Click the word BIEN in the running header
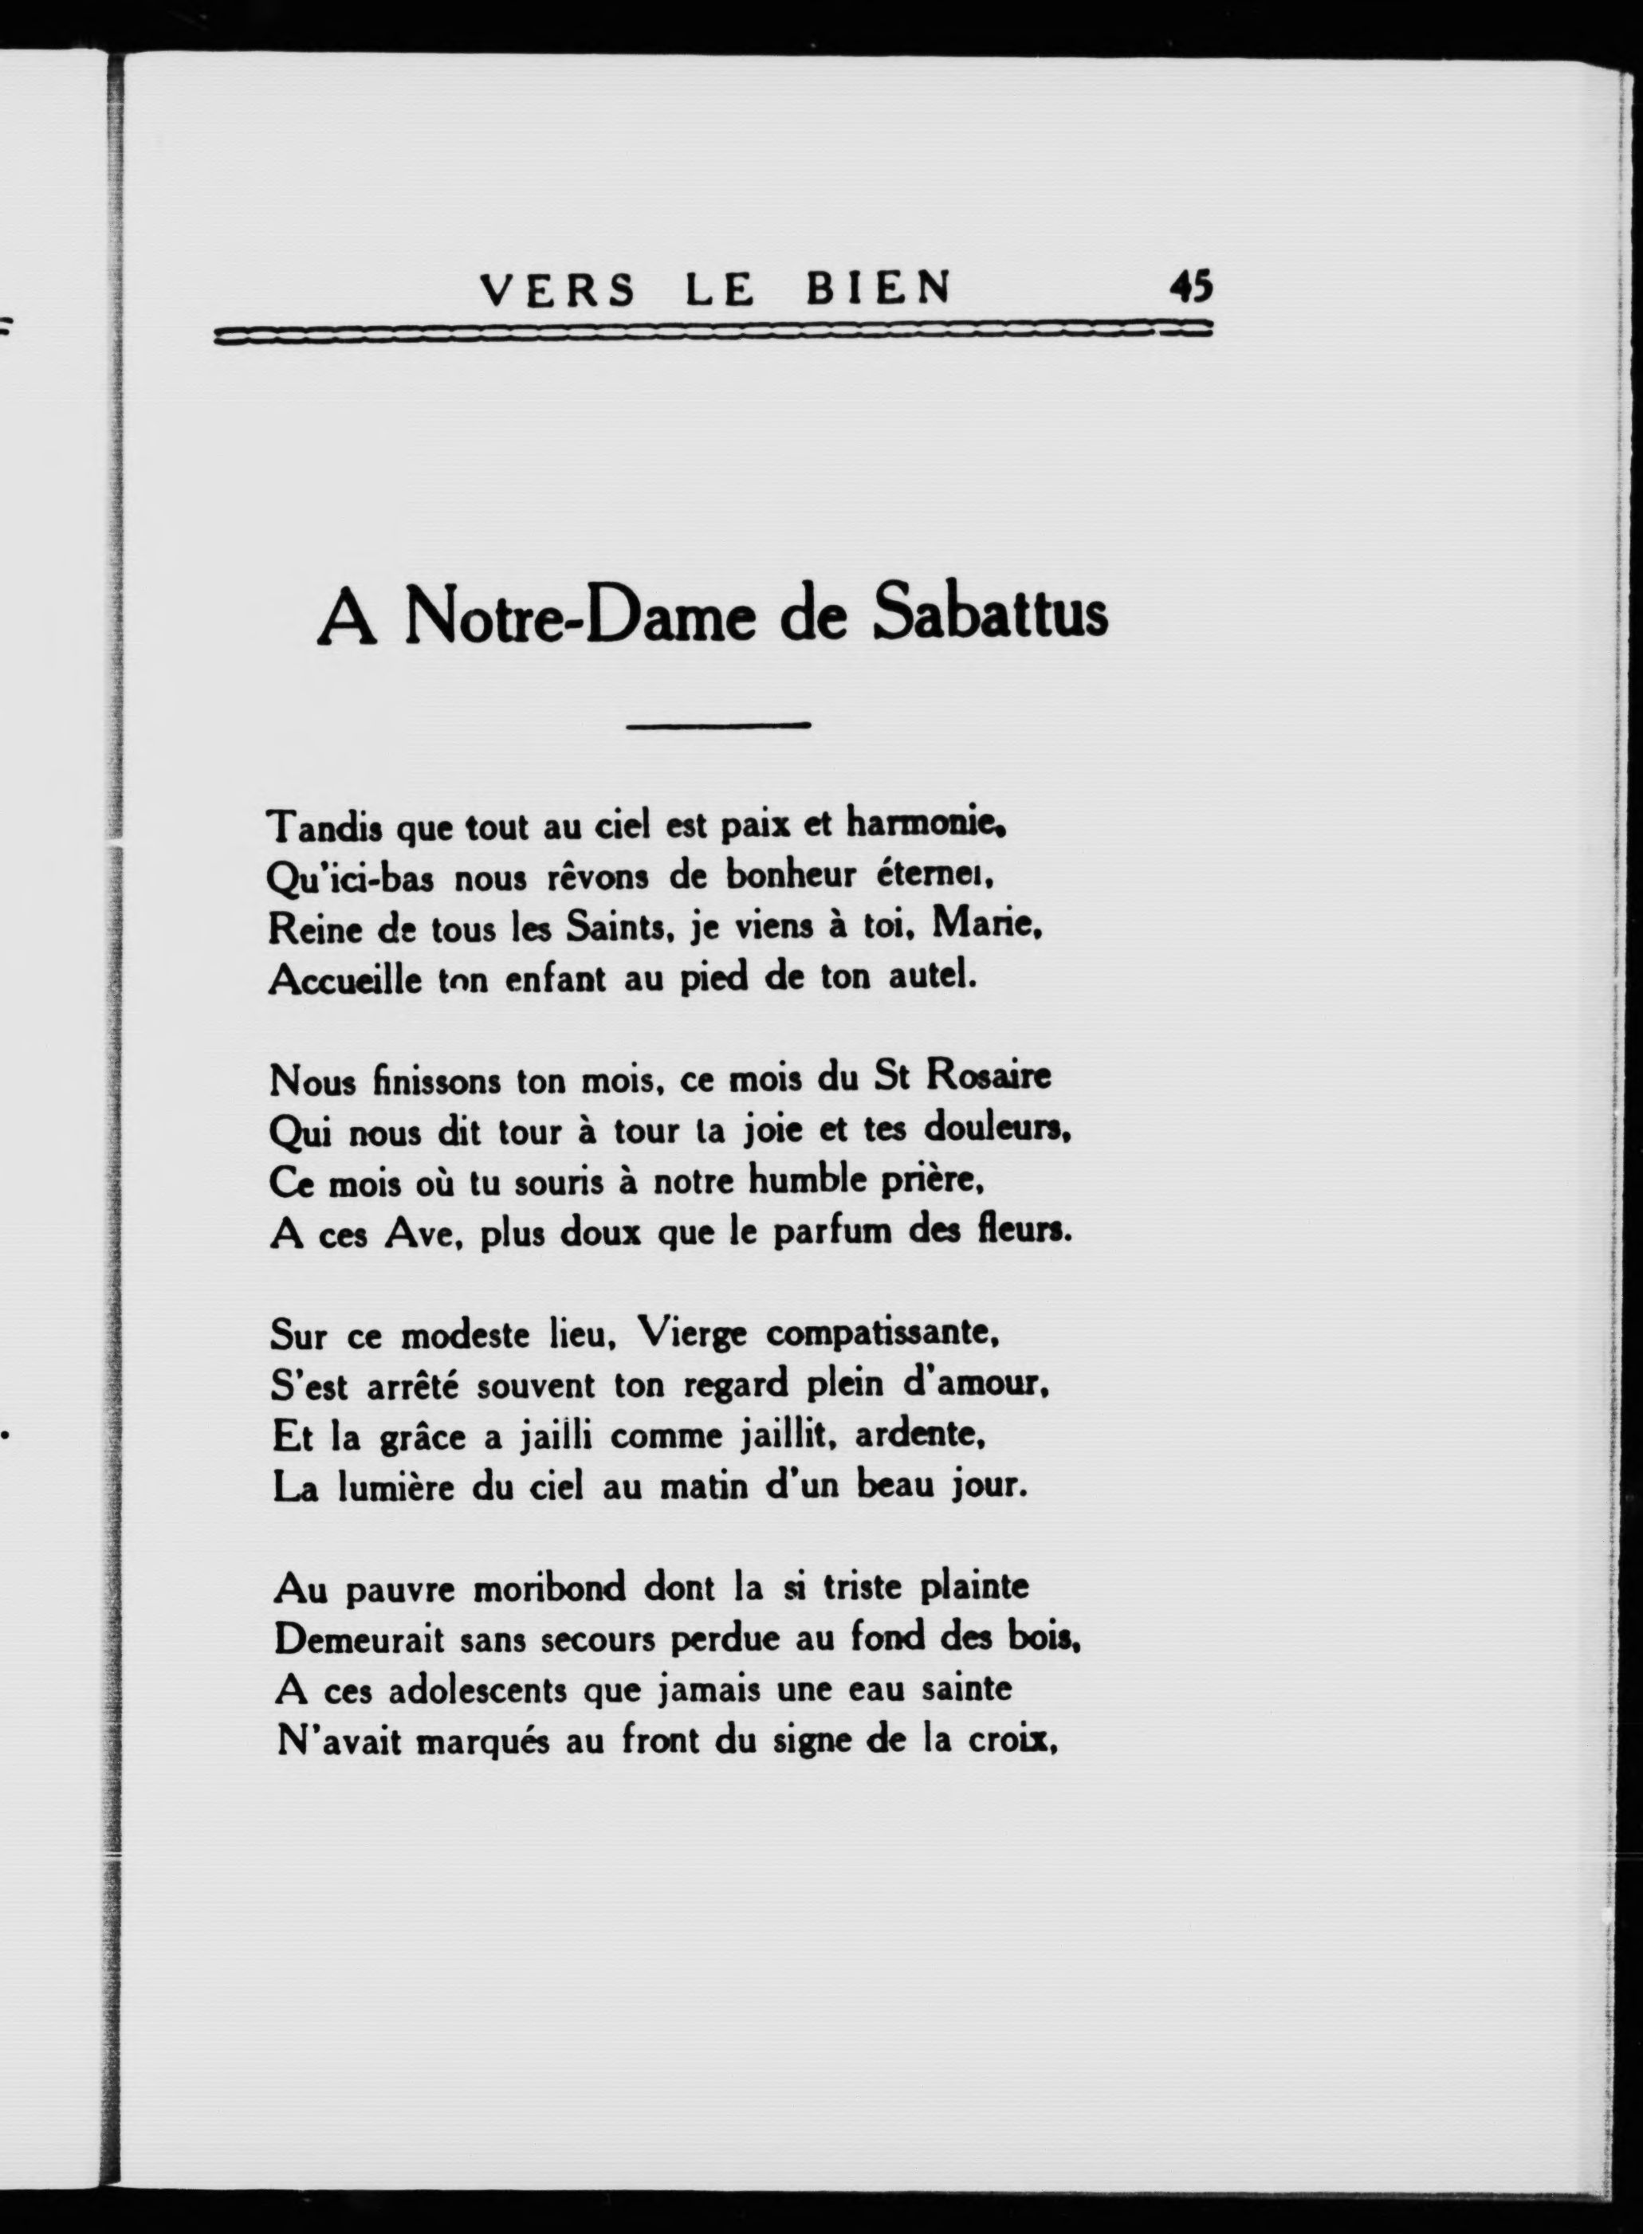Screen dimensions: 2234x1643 pos(876,289)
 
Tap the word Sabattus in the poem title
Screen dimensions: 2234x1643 pos(989,616)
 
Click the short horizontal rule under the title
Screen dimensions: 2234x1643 pos(719,724)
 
